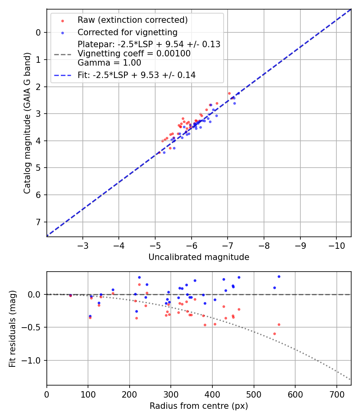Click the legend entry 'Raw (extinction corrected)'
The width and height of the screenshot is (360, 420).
(132, 20)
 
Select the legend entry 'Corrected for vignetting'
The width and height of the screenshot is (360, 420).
(127, 32)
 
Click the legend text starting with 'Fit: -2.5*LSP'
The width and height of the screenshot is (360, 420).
(136, 75)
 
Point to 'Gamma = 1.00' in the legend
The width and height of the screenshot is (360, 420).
(109, 63)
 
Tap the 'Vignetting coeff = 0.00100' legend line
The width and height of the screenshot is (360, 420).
(134, 54)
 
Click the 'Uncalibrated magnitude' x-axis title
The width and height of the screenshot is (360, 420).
(199, 257)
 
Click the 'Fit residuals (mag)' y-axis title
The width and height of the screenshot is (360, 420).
(13, 328)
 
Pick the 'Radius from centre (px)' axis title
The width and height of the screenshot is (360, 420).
(199, 406)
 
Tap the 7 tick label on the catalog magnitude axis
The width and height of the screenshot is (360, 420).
(38, 222)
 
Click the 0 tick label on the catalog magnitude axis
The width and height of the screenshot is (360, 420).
(38, 32)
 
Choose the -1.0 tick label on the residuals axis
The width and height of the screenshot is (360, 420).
(33, 360)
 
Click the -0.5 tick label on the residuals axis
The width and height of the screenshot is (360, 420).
(33, 328)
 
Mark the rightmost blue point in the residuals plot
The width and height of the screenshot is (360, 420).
(279, 276)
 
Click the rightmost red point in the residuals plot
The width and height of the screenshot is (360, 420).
(279, 324)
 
